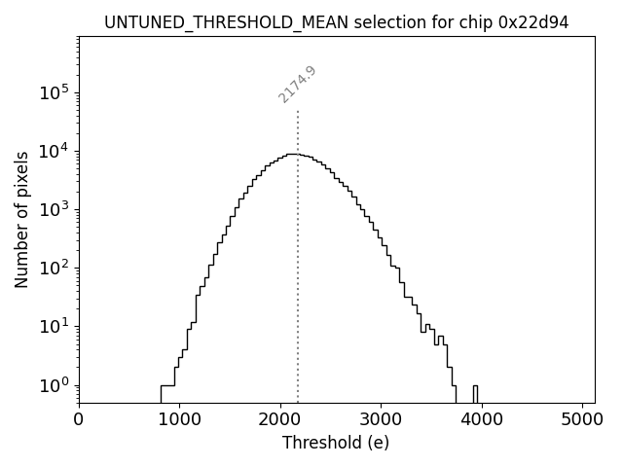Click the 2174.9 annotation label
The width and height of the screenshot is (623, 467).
[x=298, y=85]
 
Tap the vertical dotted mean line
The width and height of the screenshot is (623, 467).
[x=298, y=292]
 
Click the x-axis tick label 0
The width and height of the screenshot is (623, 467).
[x=79, y=420]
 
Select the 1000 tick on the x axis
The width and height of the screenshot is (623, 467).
[x=179, y=420]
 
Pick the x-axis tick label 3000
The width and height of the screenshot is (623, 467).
[x=381, y=420]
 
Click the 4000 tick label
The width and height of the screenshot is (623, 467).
[x=482, y=420]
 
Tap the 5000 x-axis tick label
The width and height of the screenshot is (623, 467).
[x=582, y=420]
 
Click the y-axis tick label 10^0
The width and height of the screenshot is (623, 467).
[x=54, y=384]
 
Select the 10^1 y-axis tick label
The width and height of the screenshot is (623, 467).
[x=54, y=326]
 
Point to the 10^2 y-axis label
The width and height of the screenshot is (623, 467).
[x=54, y=268]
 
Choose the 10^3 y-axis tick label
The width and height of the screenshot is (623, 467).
[x=54, y=209]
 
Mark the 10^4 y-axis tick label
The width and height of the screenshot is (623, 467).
[x=54, y=151]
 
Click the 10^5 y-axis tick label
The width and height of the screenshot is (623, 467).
[x=54, y=92]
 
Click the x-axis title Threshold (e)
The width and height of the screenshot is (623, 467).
[x=336, y=443]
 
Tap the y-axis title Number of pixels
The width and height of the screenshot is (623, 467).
[x=21, y=219]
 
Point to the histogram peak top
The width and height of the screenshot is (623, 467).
[x=291, y=154]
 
